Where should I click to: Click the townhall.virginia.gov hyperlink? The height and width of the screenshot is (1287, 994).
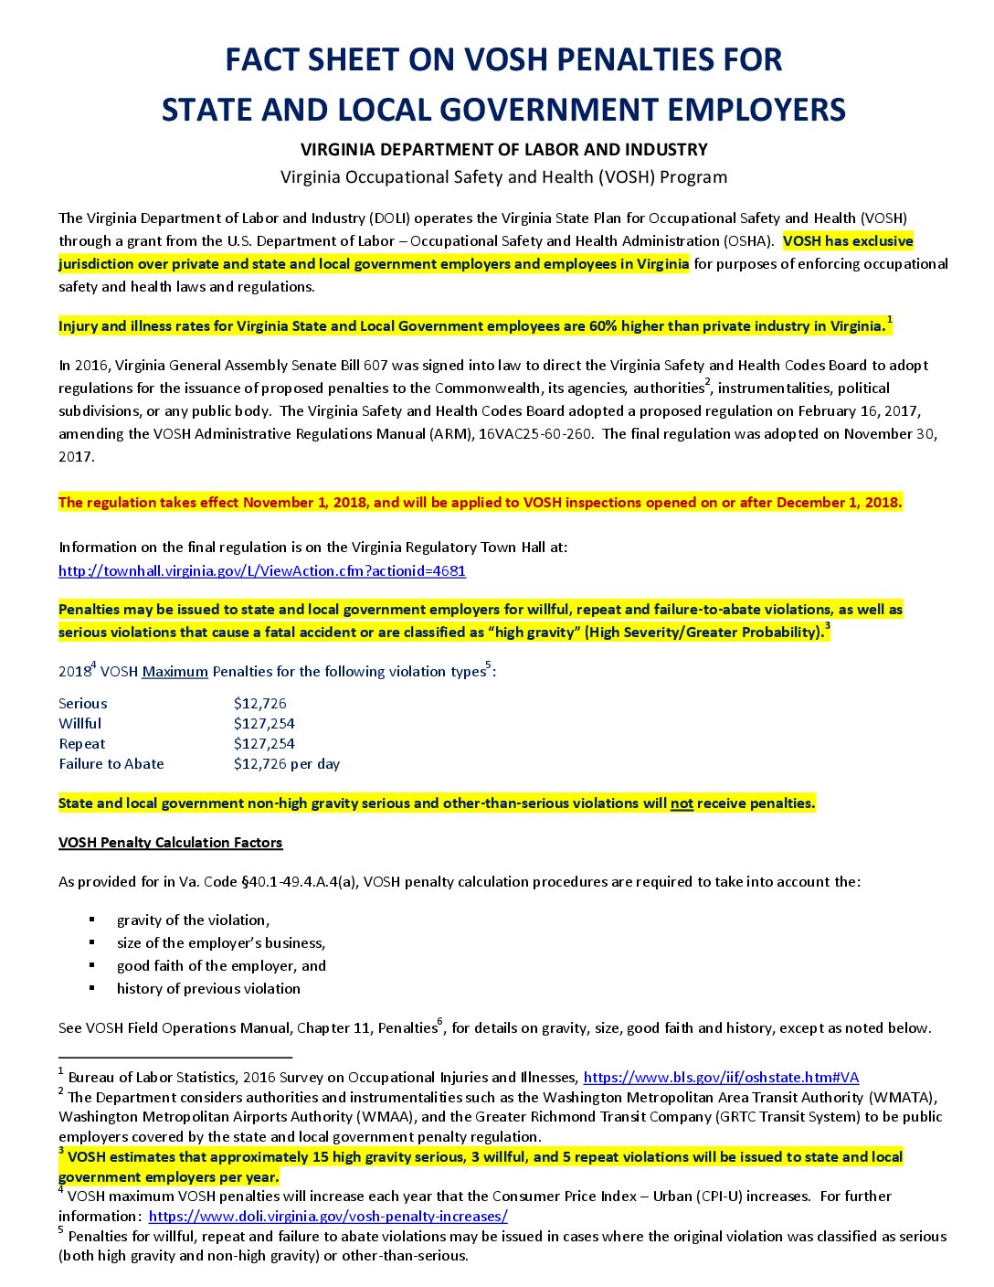pyautogui.click(x=261, y=570)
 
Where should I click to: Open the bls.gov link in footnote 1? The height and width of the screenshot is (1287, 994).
pyautogui.click(x=721, y=1078)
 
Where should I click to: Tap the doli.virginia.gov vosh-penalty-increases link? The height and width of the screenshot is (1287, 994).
pyautogui.click(x=327, y=1217)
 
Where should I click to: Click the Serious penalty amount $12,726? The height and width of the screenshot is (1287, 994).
pyautogui.click(x=259, y=704)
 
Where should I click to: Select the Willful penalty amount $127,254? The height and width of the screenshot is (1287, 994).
pyautogui.click(x=264, y=724)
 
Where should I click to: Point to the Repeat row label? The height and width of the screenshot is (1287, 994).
pyautogui.click(x=82, y=744)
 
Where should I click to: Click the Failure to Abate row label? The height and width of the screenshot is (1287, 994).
pyautogui.click(x=111, y=764)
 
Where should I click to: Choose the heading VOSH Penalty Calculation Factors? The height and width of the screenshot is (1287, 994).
pyautogui.click(x=170, y=843)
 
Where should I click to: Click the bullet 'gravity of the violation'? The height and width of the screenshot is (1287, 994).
pyautogui.click(x=193, y=920)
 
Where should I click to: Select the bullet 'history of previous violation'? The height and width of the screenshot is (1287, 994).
pyautogui.click(x=208, y=989)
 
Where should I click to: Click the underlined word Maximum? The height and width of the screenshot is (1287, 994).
pyautogui.click(x=174, y=672)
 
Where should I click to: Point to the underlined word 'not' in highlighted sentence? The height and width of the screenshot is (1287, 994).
pyautogui.click(x=682, y=803)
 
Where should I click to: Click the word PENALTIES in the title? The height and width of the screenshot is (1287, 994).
pyautogui.click(x=621, y=60)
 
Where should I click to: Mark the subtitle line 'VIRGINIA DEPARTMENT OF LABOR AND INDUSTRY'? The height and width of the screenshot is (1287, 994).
pyautogui.click(x=503, y=150)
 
